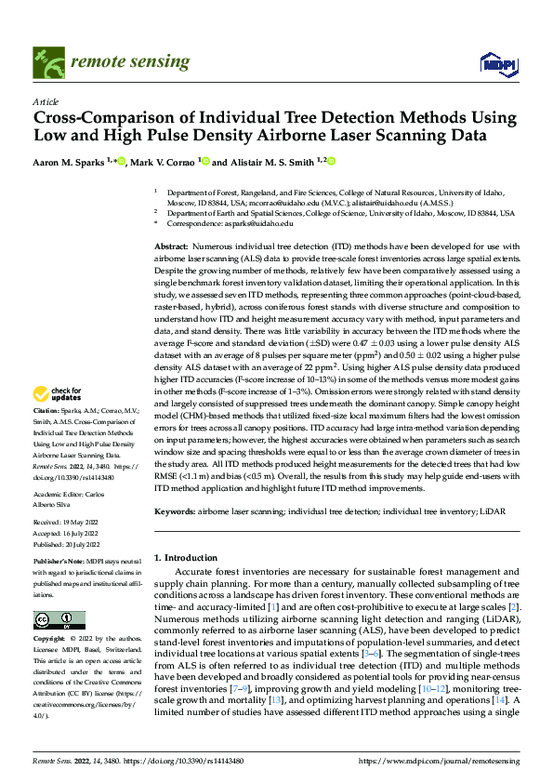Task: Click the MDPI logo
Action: [497, 62]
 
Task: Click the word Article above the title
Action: [45, 101]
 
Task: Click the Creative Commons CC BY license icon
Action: [59, 620]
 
